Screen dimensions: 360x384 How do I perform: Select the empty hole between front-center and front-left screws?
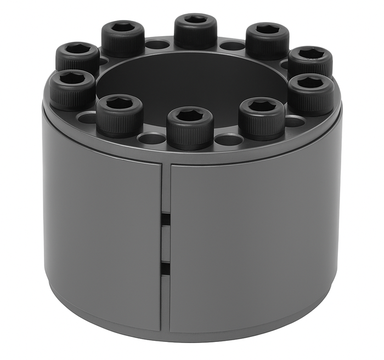tap(152, 138)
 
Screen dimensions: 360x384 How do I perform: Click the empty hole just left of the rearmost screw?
tap(157, 44)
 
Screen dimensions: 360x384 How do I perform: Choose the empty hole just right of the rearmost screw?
tap(233, 45)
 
